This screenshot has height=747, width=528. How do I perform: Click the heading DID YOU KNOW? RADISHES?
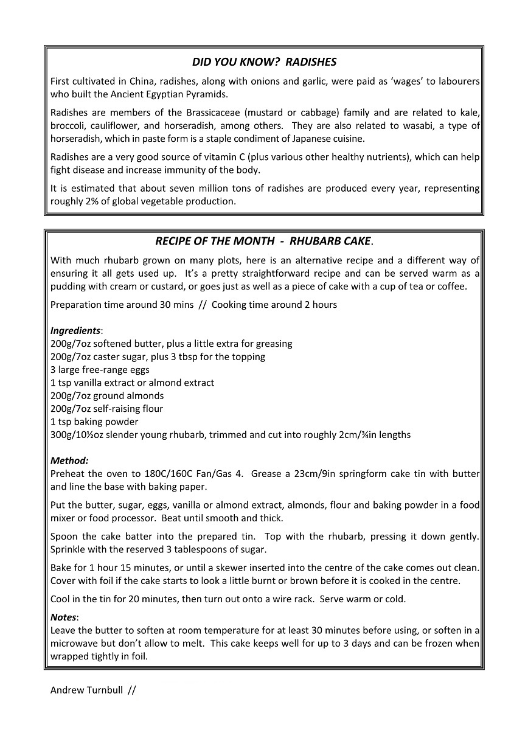coord(264,62)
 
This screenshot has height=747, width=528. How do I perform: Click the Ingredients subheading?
coord(75,331)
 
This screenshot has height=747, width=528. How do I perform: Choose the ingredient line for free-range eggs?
coord(100,370)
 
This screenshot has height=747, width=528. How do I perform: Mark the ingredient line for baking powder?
coord(94,422)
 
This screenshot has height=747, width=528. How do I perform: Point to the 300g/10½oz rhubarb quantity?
coord(76,435)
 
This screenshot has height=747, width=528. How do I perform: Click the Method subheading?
coord(69,461)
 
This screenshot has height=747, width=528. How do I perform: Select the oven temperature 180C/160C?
coord(159,474)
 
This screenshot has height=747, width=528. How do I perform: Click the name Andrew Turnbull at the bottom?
coord(86,690)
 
